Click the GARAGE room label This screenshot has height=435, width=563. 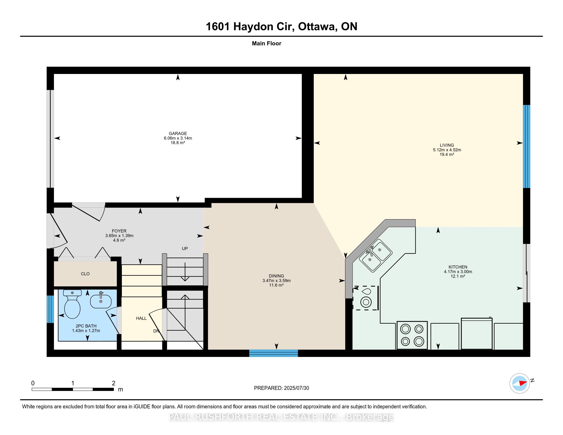click(178, 133)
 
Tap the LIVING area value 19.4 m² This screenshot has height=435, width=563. click(447, 154)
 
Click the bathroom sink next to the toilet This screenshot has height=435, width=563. click(101, 301)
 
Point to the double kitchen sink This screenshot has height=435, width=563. click(376, 255)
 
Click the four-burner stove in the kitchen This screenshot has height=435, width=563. click(412, 335)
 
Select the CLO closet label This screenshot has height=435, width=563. click(85, 274)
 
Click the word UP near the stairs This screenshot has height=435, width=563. click(185, 248)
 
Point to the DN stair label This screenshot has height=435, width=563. click(156, 331)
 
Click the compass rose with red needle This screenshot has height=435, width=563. click(519, 383)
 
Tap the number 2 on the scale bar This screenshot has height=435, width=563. click(113, 383)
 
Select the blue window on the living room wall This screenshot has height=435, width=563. click(526, 146)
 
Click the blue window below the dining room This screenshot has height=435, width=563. click(274, 353)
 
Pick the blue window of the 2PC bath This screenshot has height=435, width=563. click(50, 309)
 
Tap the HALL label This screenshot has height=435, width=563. click(141, 318)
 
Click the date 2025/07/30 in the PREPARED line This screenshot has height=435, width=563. click(296, 388)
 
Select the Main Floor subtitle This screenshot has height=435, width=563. click(266, 43)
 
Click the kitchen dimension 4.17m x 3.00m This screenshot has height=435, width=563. click(458, 271)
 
